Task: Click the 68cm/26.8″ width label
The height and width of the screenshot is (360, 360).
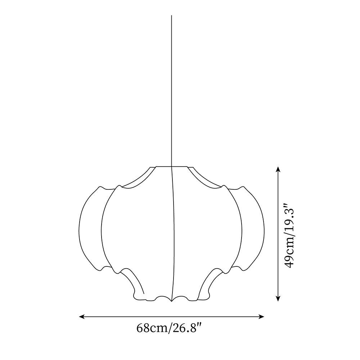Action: click(x=170, y=328)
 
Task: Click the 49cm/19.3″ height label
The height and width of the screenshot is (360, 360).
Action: click(x=290, y=235)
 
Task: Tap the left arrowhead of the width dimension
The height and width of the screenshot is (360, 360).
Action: click(x=81, y=317)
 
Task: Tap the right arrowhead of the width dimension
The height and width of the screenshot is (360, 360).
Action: click(x=262, y=317)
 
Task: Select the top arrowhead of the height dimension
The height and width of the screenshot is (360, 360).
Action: click(x=278, y=169)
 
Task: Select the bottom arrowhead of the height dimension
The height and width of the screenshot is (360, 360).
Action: click(x=278, y=298)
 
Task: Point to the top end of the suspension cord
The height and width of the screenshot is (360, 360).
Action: click(x=171, y=15)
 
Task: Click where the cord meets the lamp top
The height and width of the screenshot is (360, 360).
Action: click(x=171, y=166)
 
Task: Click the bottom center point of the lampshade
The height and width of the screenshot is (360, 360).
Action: click(x=171, y=301)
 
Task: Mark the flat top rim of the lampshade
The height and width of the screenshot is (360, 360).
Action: click(x=171, y=166)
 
